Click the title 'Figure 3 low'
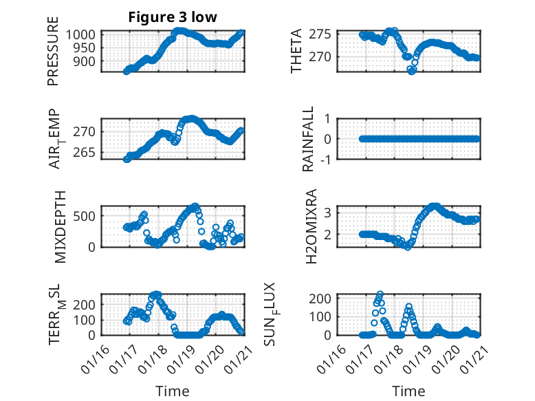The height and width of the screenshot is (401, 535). coord(173,17)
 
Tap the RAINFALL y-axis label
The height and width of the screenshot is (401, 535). coord(309,139)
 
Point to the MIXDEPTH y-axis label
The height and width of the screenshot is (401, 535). coord(53,226)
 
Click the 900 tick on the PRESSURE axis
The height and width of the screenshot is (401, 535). coord(89,61)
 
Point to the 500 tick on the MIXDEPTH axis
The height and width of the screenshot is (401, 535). coord(89,216)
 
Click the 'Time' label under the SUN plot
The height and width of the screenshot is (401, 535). coord(408,391)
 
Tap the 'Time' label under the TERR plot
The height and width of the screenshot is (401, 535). coord(172,391)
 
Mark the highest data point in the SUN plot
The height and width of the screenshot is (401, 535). coord(380,294)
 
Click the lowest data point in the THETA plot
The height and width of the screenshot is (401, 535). coord(411,71)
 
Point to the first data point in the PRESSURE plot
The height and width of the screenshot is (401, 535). coord(126,72)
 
